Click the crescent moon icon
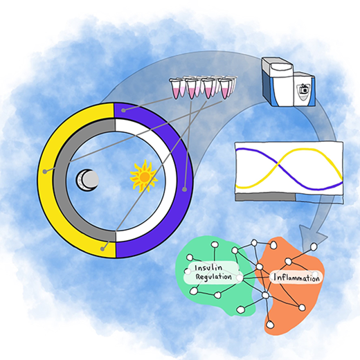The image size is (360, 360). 87,180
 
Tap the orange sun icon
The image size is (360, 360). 144,177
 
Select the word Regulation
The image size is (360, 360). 213,277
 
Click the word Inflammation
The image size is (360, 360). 296,277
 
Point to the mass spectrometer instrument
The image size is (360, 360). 289,82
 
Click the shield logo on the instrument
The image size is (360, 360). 303,91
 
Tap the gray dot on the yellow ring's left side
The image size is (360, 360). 45,172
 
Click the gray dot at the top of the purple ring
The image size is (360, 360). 123,110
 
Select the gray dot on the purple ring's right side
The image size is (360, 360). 184,190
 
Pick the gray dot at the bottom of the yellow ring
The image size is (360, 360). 102,249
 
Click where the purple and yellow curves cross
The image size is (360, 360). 278,165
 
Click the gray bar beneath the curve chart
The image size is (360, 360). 265,197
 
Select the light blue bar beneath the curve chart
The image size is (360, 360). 320,199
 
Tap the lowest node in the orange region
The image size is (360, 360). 270,325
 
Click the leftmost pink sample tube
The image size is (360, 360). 175,89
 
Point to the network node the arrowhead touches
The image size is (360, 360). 314,247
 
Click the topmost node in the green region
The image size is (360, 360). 215,244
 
